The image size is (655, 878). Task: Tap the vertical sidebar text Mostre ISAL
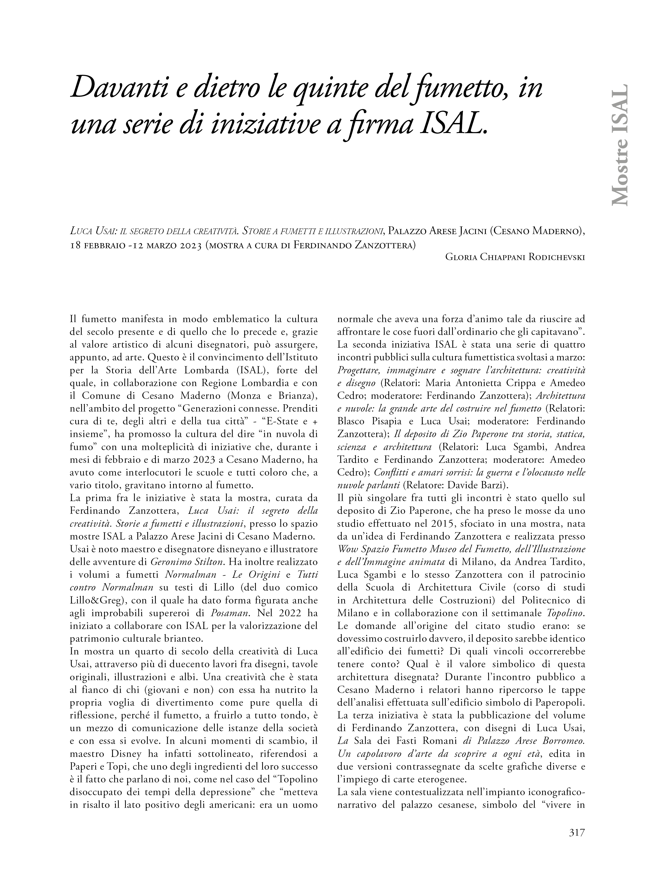pos(620,145)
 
